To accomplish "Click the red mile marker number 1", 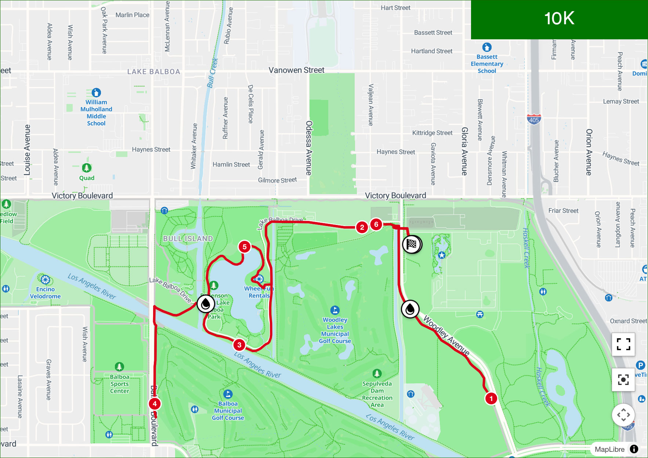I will tap(491, 398).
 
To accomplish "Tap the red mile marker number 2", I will tap(362, 227).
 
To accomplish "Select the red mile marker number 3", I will tap(239, 345).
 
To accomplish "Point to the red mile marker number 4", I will tap(155, 404).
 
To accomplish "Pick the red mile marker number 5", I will tap(245, 247).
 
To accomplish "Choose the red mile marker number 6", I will tap(376, 224).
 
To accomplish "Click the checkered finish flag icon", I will tap(412, 244).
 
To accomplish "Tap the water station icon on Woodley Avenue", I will tap(410, 309).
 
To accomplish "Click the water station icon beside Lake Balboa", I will tap(206, 304).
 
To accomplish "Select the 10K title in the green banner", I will tap(559, 18).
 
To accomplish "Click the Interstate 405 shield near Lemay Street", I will tap(534, 119).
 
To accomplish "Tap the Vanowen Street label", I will tap(296, 70).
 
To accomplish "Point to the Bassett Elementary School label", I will tap(487, 64).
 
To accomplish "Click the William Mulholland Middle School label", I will tap(96, 112).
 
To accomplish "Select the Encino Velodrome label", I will tap(45, 293).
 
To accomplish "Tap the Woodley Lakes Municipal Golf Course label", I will tap(335, 330).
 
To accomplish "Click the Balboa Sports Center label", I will tap(120, 384).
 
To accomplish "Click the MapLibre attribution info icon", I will tap(634, 449).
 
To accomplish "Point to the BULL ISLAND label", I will tap(188, 239).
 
